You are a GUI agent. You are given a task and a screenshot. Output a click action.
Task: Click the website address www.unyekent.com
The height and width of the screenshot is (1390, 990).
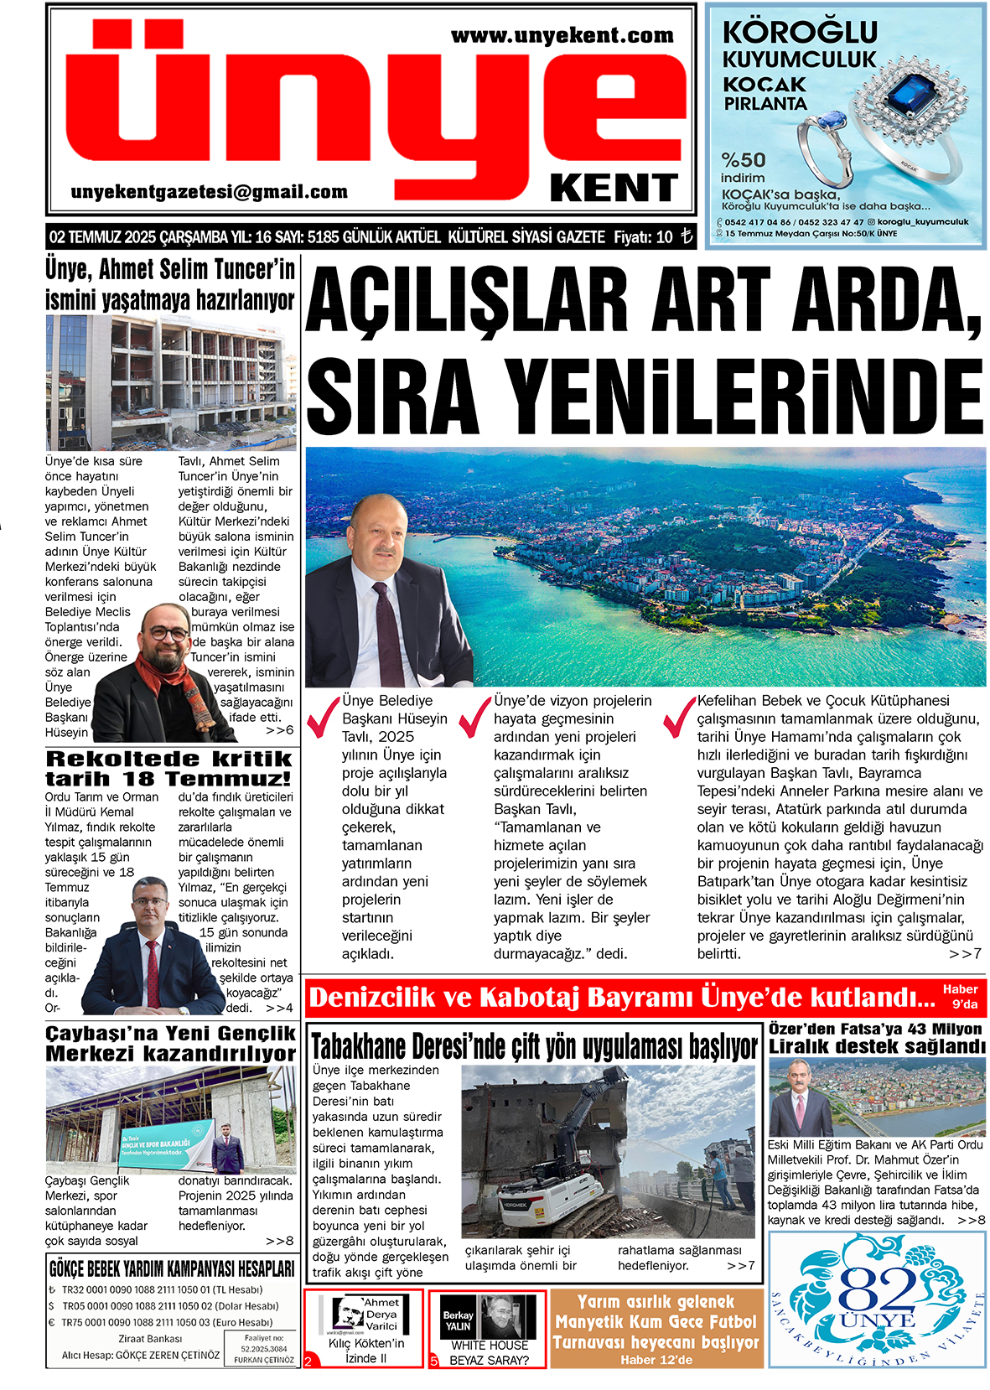(562, 36)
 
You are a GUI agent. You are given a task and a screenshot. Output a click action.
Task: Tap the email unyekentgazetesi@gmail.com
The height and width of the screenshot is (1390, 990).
(210, 192)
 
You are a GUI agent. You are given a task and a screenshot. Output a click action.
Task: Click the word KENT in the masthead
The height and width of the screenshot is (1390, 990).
(614, 189)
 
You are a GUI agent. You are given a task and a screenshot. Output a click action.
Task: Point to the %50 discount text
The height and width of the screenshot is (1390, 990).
(744, 159)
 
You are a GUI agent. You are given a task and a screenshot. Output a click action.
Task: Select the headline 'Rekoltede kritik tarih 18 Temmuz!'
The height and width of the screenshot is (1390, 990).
(168, 768)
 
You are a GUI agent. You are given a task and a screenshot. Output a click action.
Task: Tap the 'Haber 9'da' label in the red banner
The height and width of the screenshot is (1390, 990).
(960, 997)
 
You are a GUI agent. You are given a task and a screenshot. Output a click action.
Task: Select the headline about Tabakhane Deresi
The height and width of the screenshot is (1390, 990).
(535, 1046)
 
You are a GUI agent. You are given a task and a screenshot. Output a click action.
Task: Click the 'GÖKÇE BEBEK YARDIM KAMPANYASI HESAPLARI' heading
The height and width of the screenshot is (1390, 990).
(172, 1268)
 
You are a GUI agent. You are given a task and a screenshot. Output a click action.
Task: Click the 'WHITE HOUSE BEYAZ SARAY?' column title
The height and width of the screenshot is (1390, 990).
(490, 1352)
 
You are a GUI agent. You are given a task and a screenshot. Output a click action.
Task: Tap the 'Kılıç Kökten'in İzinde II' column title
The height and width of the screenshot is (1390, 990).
(365, 1351)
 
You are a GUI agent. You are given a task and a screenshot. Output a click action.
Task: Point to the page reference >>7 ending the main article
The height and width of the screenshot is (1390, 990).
(965, 954)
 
